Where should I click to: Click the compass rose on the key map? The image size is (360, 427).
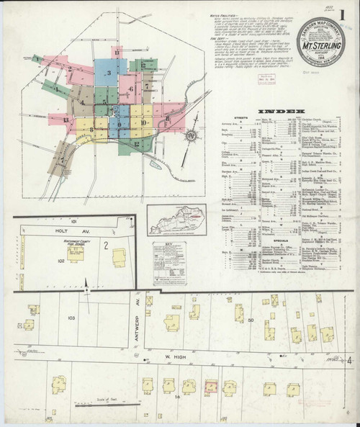pyautogui.click(x=191, y=136)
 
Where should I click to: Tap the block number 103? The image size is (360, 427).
pyautogui.click(x=71, y=318)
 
